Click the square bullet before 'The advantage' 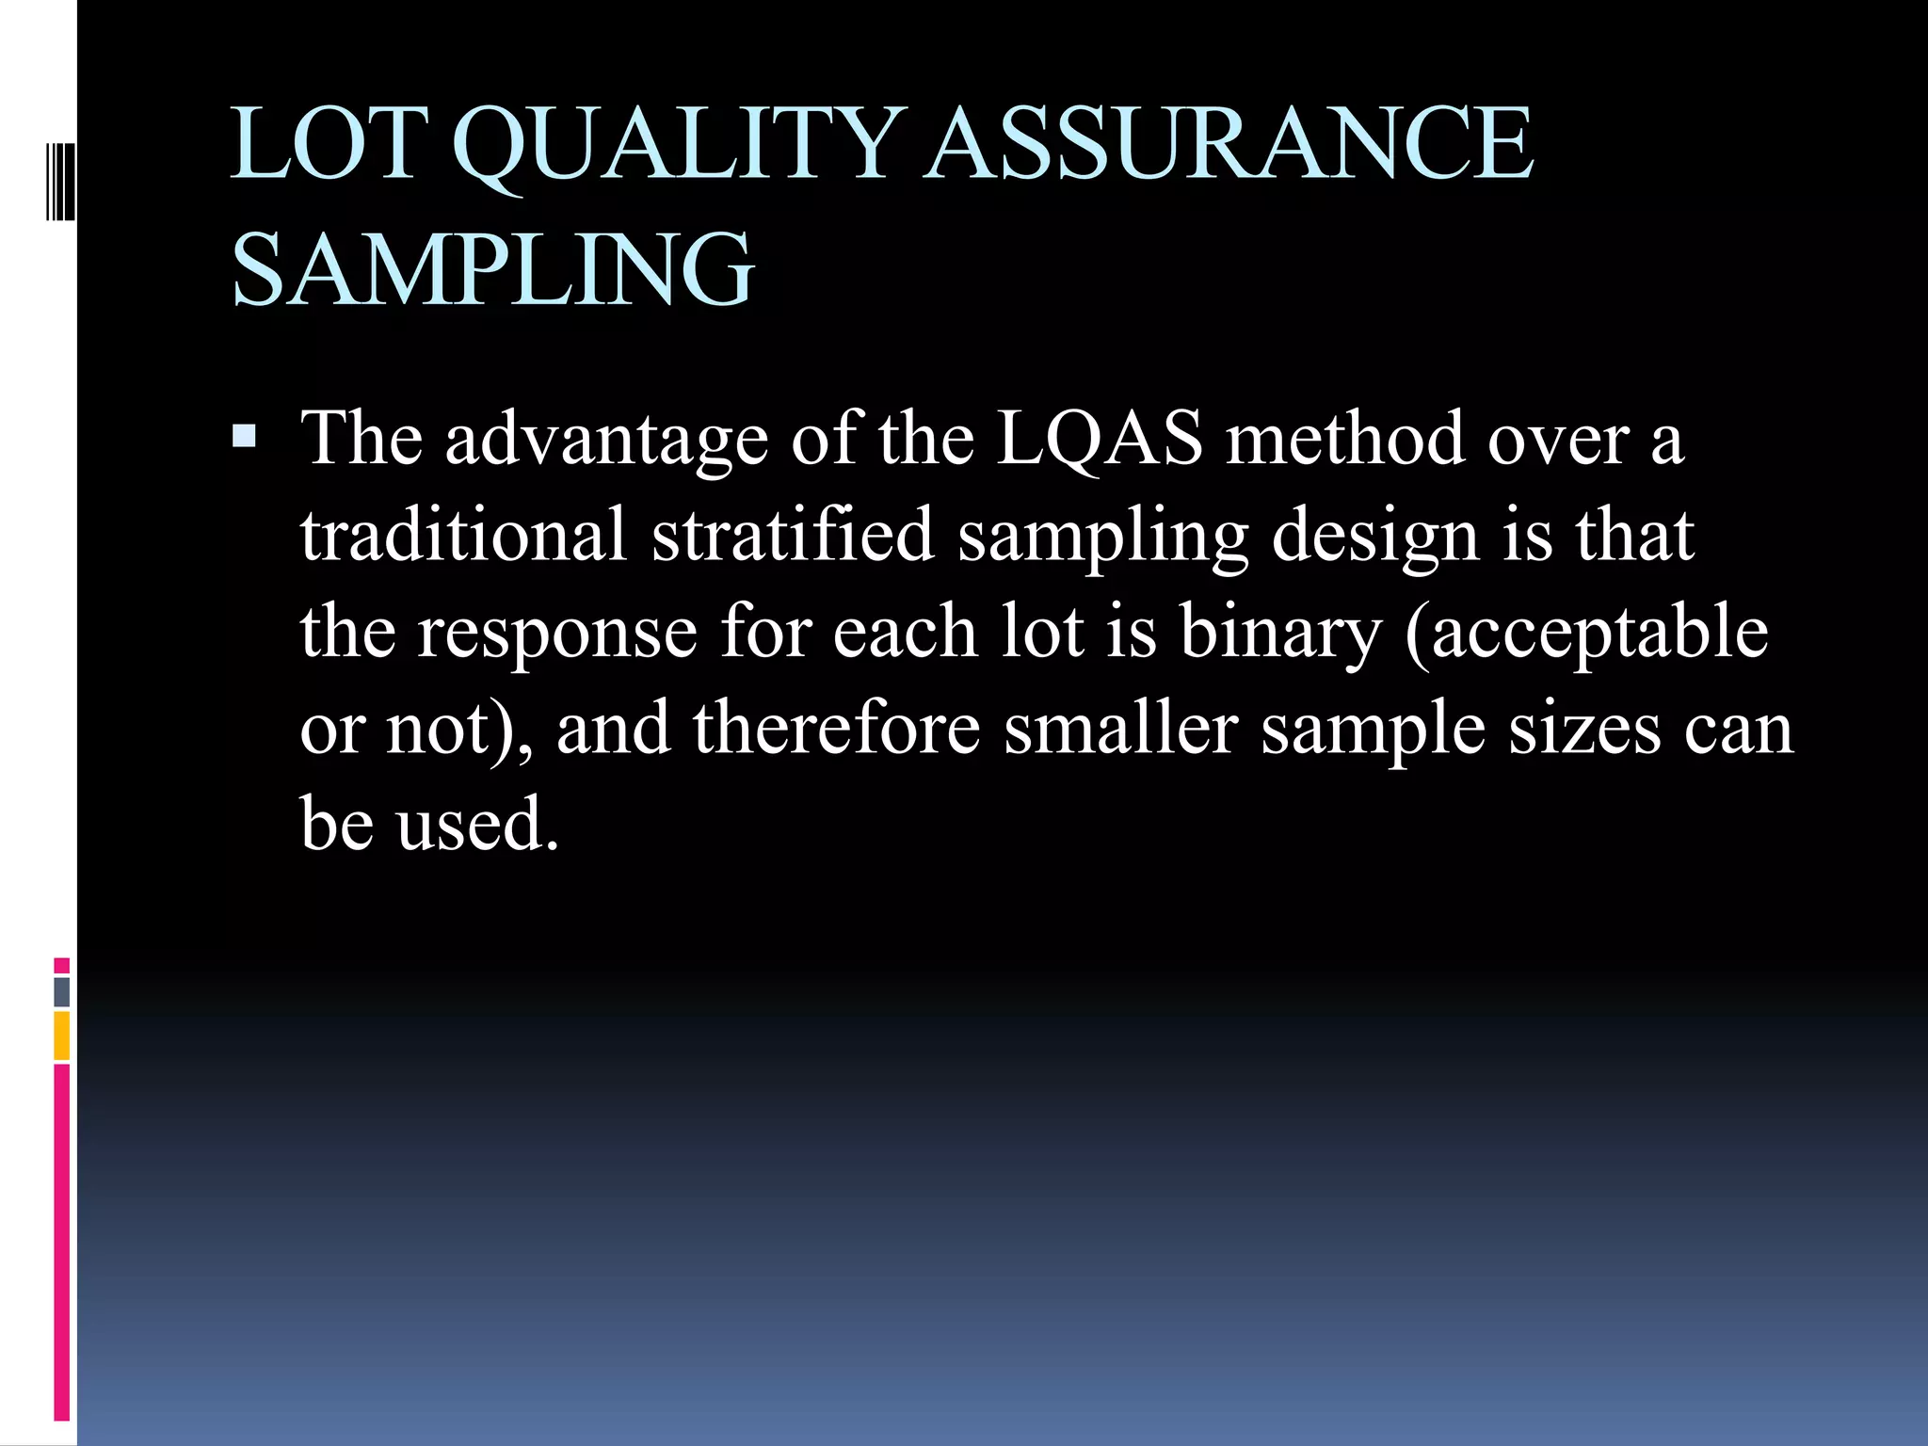pyautogui.click(x=244, y=435)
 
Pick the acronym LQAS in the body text pyautogui.click(x=1100, y=439)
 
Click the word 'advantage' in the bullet pyautogui.click(x=606, y=441)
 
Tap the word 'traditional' pyautogui.click(x=463, y=535)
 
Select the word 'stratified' pyautogui.click(x=792, y=535)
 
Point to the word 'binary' pyautogui.click(x=1281, y=633)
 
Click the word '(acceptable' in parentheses pyautogui.click(x=1586, y=633)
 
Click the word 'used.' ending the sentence pyautogui.click(x=477, y=824)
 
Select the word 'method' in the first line pyautogui.click(x=1344, y=439)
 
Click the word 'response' pyautogui.click(x=557, y=633)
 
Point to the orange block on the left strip pyautogui.click(x=61, y=1036)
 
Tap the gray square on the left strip pyautogui.click(x=61, y=991)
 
